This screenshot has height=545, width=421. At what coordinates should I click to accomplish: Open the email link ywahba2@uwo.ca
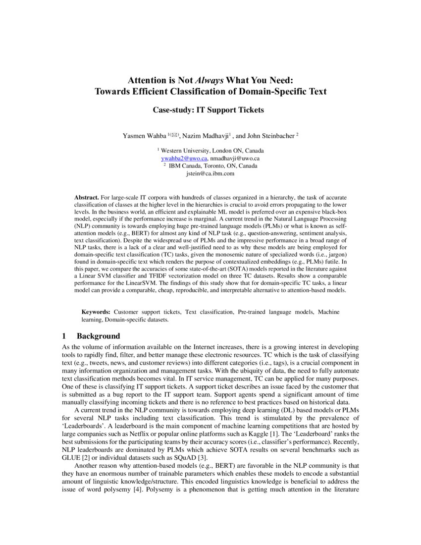[x=184, y=158]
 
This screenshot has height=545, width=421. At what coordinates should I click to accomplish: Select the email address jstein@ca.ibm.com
[x=210, y=173]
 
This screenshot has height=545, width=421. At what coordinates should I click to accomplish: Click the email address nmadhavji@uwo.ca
[x=234, y=158]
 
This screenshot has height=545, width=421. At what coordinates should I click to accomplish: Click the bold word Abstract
[x=86, y=197]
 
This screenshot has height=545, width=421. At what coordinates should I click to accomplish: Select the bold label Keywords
[x=96, y=312]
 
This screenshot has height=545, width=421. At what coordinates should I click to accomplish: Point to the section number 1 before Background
[x=64, y=336]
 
